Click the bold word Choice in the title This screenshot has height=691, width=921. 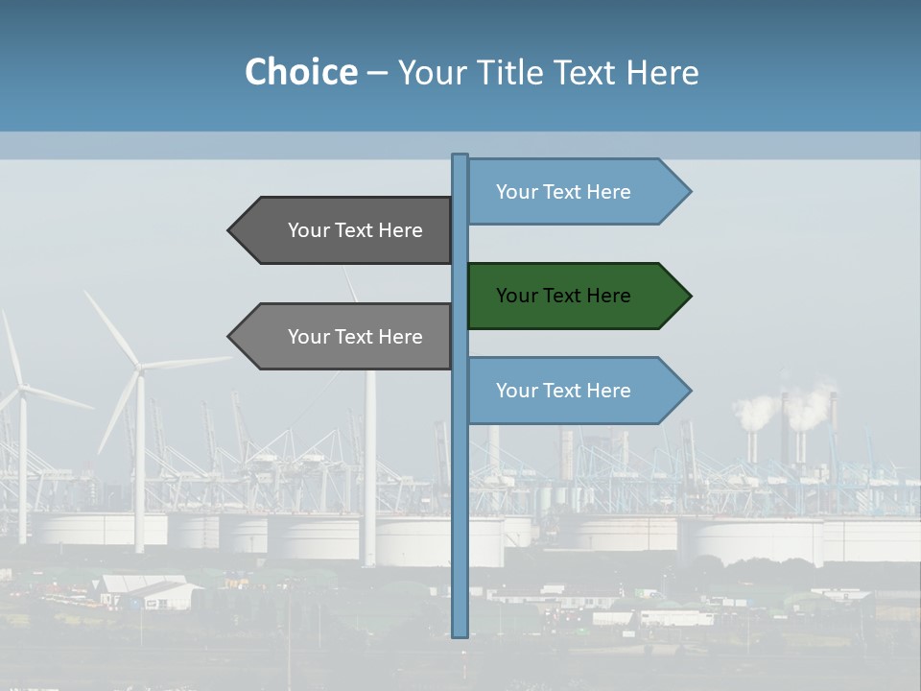[300, 72]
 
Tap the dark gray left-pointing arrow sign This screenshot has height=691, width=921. [340, 230]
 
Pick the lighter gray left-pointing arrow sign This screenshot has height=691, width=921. [340, 337]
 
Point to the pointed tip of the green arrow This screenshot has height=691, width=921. [689, 296]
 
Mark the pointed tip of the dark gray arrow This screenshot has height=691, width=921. [230, 230]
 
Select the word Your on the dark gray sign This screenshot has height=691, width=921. [309, 230]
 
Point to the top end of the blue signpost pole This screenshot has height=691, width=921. [460, 156]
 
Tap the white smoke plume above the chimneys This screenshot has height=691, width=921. [758, 411]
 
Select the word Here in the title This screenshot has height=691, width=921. [662, 72]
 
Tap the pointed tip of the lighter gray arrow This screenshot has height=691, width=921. [230, 337]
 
